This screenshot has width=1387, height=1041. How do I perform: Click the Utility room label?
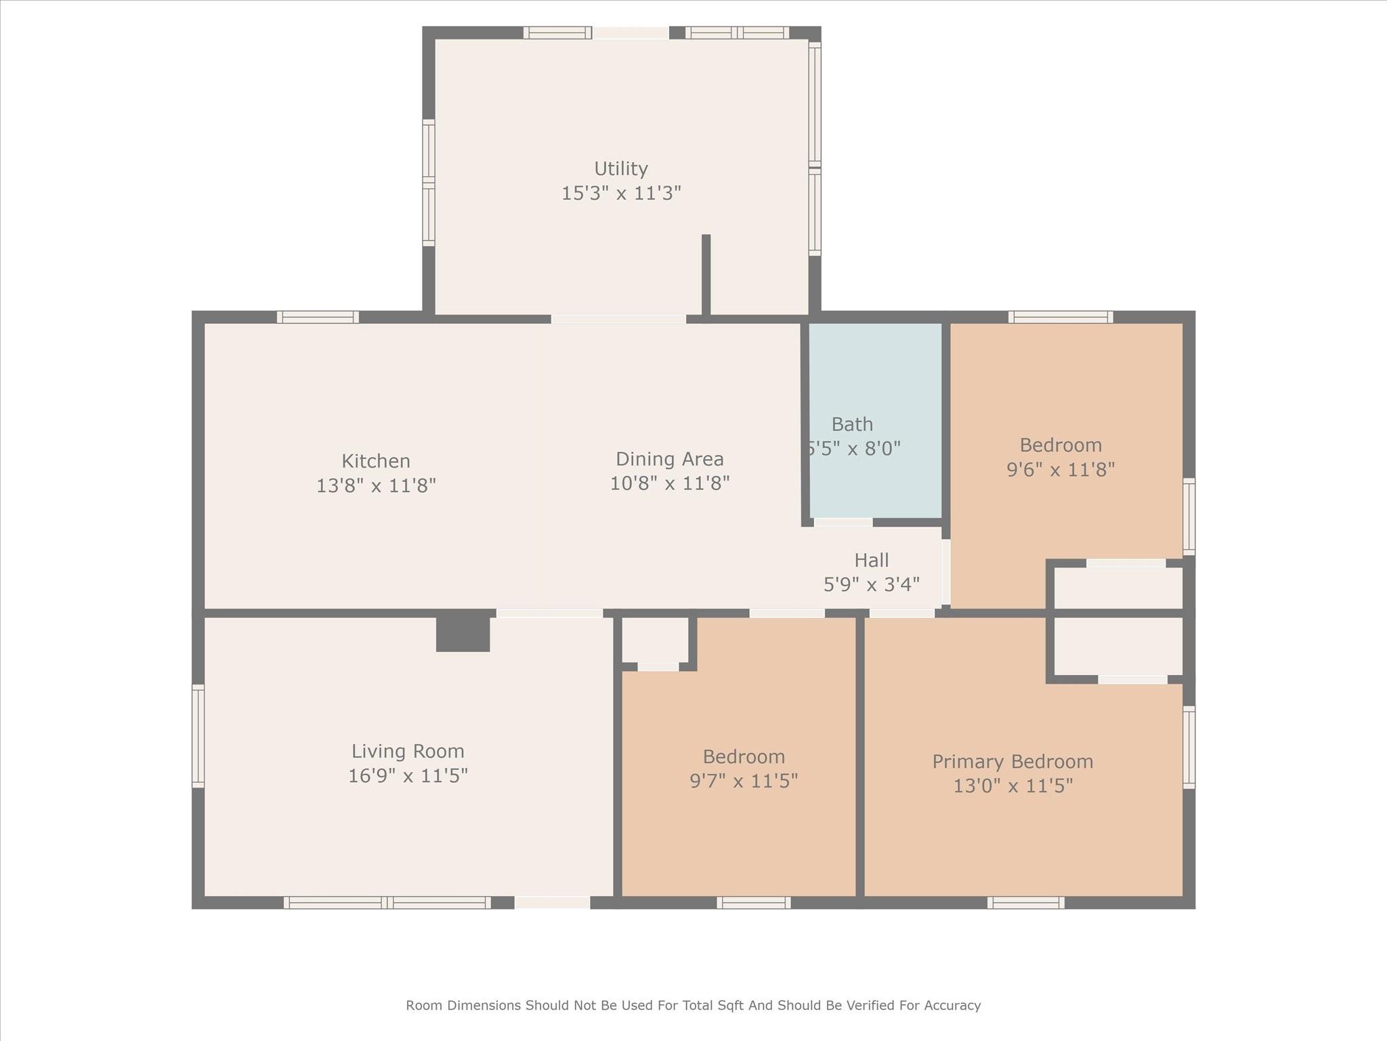pyautogui.click(x=621, y=169)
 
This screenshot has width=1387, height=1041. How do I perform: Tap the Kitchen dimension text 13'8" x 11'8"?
pyautogui.click(x=376, y=486)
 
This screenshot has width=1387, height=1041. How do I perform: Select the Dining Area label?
pyautogui.click(x=670, y=459)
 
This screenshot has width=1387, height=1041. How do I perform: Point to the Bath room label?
pyautogui.click(x=852, y=424)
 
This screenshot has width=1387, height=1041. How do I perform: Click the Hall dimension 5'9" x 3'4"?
pyautogui.click(x=872, y=584)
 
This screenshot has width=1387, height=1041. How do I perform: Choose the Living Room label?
pyautogui.click(x=408, y=751)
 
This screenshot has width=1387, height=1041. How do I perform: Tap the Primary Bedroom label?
pyautogui.click(x=1012, y=762)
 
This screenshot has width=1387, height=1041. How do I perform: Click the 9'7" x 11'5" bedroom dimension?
pyautogui.click(x=744, y=781)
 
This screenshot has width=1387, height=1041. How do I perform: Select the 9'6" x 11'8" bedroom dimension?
pyautogui.click(x=1061, y=470)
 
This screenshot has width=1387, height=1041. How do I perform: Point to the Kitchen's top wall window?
pyautogui.click(x=318, y=317)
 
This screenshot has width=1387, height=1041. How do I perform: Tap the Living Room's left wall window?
pyautogui.click(x=198, y=736)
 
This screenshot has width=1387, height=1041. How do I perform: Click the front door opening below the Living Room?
pyautogui.click(x=552, y=902)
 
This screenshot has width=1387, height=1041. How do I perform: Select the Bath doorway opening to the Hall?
pyautogui.click(x=842, y=522)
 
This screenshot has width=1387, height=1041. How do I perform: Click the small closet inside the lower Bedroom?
pyautogui.click(x=655, y=640)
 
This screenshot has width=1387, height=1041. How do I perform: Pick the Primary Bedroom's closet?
pyautogui.click(x=1118, y=645)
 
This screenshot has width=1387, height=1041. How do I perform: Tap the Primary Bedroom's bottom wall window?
pyautogui.click(x=1025, y=902)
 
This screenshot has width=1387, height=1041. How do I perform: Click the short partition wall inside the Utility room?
pyautogui.click(x=706, y=274)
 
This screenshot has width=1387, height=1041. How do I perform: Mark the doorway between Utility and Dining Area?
pyautogui.click(x=618, y=319)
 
